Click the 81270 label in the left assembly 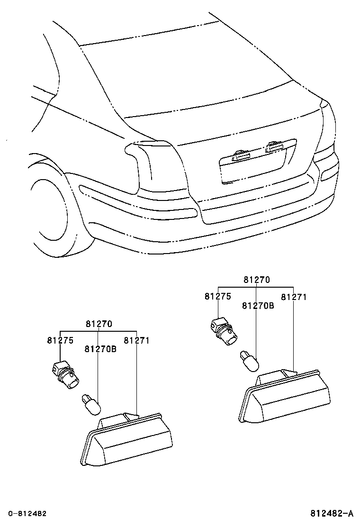99,324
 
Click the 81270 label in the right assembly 256,280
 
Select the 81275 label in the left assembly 60,340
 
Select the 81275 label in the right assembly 217,296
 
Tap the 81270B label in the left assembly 100,349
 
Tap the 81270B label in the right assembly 258,306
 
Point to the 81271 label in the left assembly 136,340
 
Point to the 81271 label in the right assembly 294,297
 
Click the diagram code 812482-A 332,514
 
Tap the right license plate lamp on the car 274,146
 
